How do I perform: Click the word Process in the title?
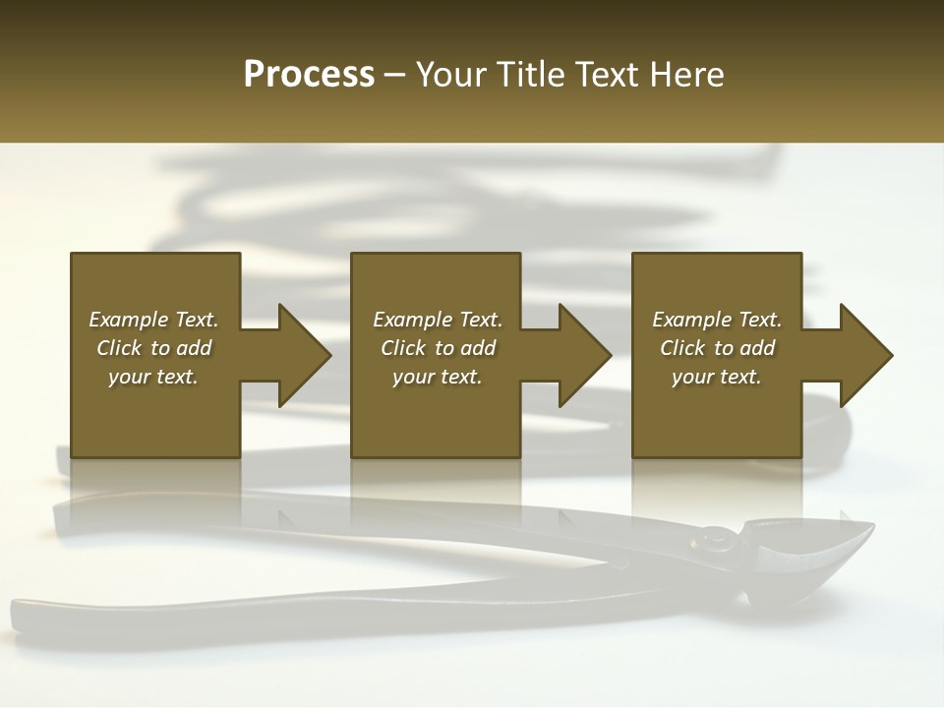(x=309, y=75)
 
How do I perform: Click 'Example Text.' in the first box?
(x=153, y=320)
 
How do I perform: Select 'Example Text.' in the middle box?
(x=438, y=320)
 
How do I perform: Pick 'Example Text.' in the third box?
(x=717, y=320)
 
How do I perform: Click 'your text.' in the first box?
(x=153, y=377)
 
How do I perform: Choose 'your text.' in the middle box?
(x=438, y=377)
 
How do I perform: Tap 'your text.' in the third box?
(x=717, y=377)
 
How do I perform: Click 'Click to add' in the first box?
(x=153, y=348)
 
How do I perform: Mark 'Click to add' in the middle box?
(x=438, y=348)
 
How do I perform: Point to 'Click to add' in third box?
(x=717, y=348)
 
